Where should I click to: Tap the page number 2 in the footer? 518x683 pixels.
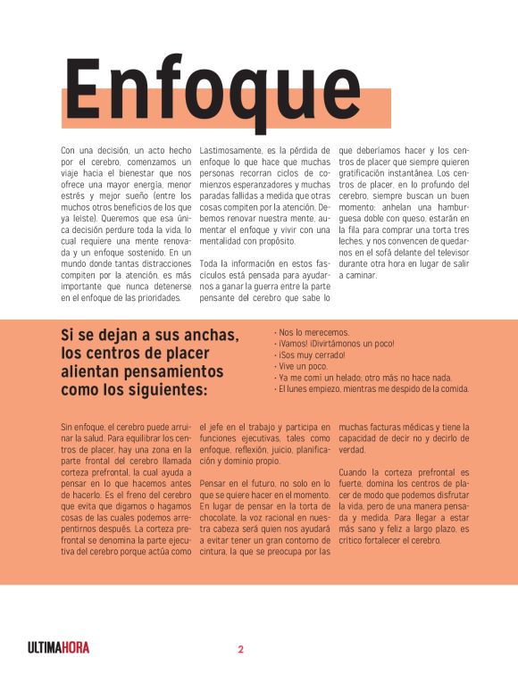[240, 649]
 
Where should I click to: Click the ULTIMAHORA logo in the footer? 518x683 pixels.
[58, 649]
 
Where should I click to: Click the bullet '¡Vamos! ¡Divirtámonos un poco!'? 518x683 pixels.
[335, 343]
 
